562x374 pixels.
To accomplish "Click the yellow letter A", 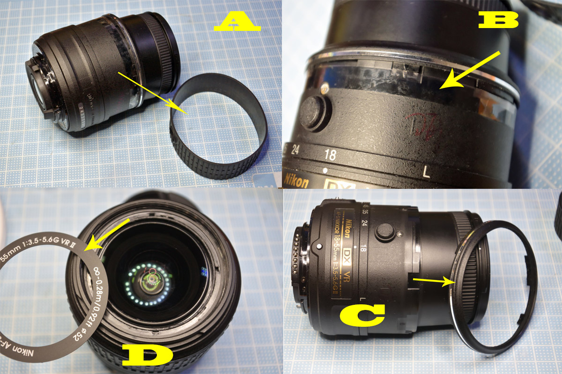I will coord(237,22).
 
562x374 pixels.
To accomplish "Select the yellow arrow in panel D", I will coord(110,234).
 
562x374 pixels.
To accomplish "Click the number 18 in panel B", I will coord(330,155).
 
